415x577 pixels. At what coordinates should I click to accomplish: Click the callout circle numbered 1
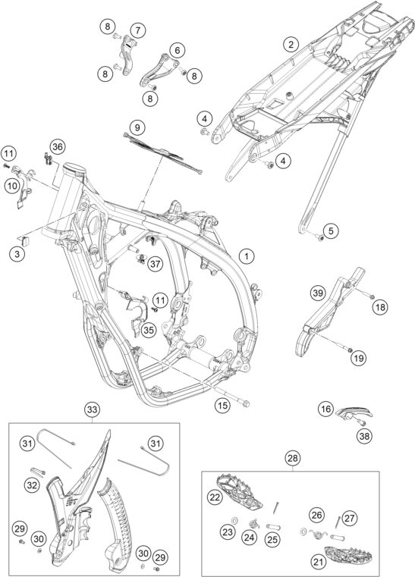tap(247, 256)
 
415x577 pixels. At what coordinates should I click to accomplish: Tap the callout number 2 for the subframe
tap(291, 45)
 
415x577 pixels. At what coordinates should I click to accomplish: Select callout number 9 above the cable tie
tap(137, 128)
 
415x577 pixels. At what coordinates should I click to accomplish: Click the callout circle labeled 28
tap(293, 458)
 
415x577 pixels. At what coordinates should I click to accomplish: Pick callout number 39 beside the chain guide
tap(317, 293)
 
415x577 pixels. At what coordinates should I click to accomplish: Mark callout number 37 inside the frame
tap(156, 263)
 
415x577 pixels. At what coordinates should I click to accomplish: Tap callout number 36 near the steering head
tap(57, 147)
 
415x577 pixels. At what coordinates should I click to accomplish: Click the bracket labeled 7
tap(127, 55)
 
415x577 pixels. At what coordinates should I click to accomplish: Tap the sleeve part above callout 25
tap(274, 527)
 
